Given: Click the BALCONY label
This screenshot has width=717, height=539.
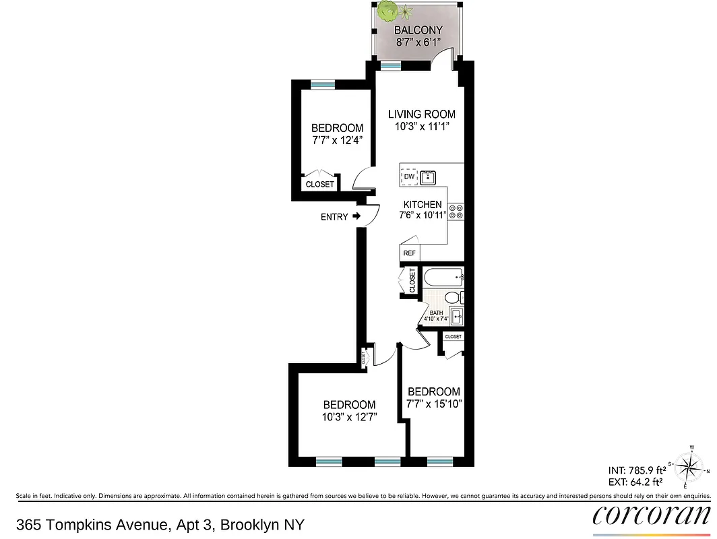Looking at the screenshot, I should point(418,30).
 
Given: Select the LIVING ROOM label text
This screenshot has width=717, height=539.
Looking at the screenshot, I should point(421,115).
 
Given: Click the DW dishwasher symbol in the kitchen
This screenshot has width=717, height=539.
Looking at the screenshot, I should point(409,177).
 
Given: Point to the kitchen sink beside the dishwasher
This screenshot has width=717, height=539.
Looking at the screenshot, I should point(428,178).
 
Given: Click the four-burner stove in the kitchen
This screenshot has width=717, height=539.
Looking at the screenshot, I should point(456,212).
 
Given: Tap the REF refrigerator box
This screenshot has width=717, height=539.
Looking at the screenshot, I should point(409,253).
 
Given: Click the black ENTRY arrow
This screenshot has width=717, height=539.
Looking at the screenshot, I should point(356,217).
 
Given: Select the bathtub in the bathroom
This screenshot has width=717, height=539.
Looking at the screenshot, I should point(443,276).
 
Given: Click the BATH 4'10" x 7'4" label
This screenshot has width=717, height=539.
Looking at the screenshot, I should point(436,315).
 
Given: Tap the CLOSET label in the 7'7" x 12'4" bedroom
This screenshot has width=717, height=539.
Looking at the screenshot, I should point(319,184).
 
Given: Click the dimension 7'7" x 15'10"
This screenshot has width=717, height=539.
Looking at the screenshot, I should point(434,404).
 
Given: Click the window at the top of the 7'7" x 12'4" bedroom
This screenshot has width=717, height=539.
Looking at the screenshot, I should point(322,84).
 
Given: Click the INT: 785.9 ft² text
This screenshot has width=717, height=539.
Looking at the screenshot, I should point(637,470).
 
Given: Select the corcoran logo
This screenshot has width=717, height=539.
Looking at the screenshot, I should point(651,515).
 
